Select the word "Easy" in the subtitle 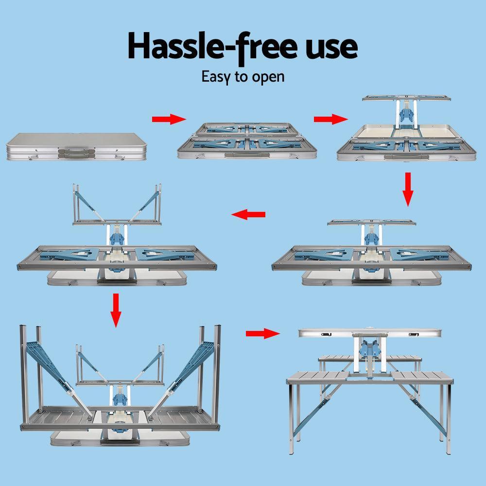click(x=219, y=76)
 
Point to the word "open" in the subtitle click(x=267, y=77)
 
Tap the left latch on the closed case click(x=33, y=157)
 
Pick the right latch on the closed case click(x=117, y=157)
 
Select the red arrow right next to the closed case click(x=169, y=120)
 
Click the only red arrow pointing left click(x=248, y=214)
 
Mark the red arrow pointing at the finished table click(x=263, y=333)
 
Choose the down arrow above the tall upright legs click(x=115, y=309)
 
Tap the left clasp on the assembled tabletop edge click(x=326, y=334)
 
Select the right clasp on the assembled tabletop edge click(x=414, y=334)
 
